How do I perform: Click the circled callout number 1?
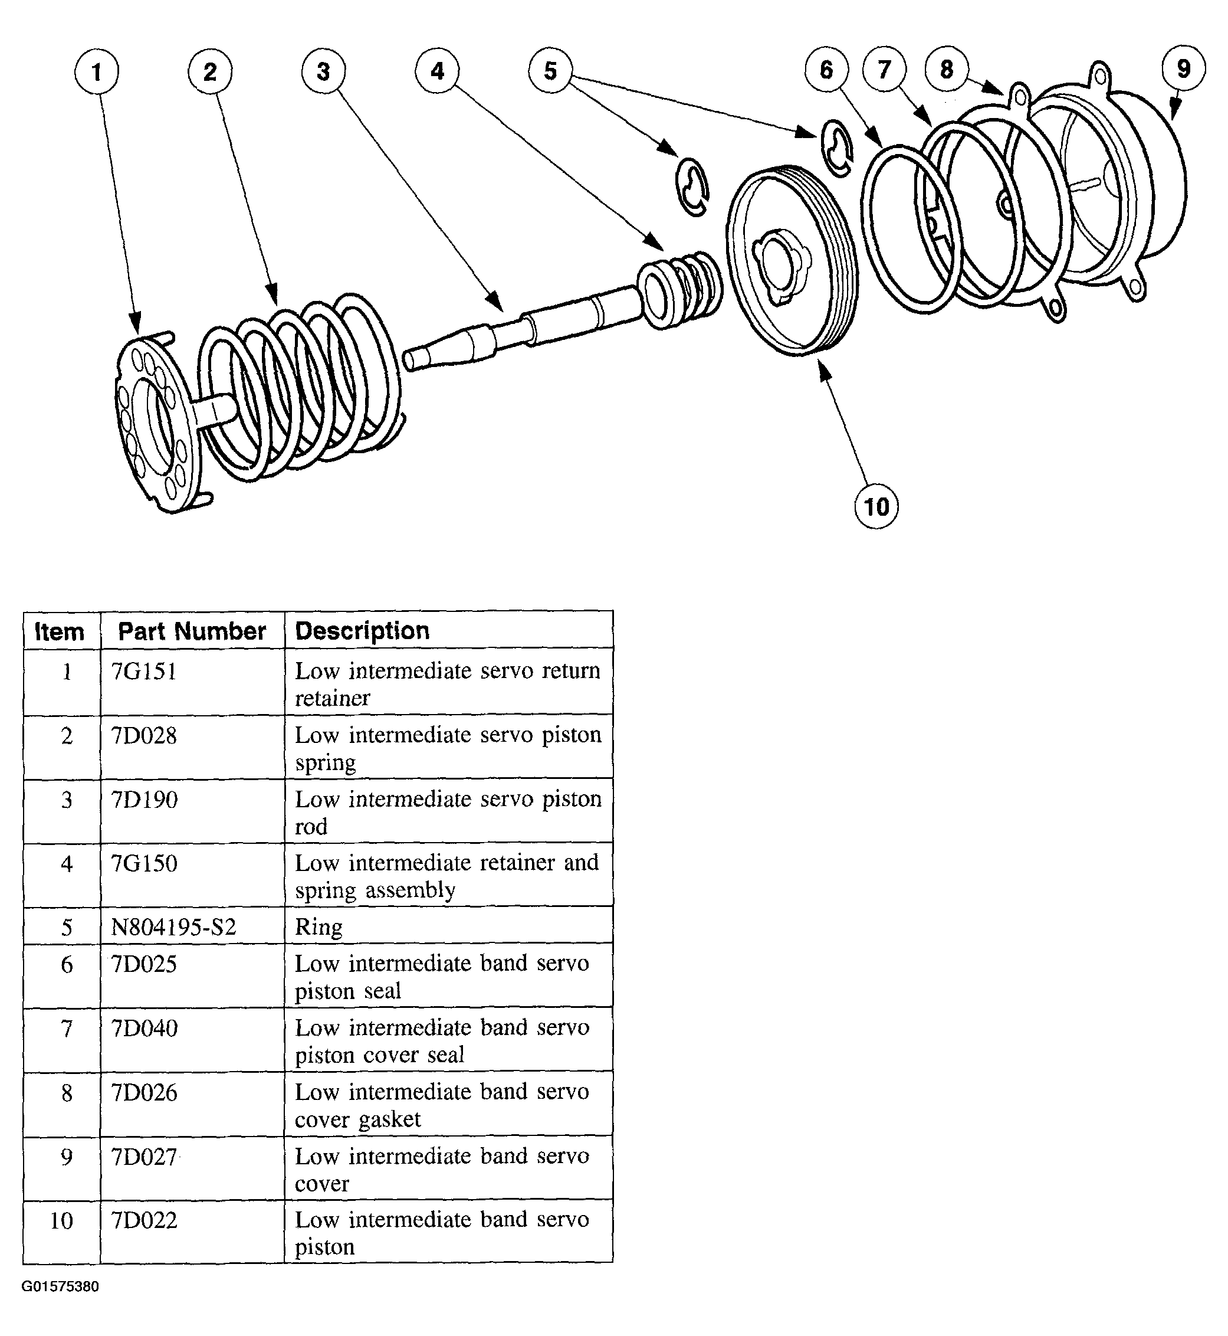pyautogui.click(x=96, y=72)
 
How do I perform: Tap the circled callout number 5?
pyautogui.click(x=550, y=70)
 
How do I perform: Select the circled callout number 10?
pyautogui.click(x=876, y=507)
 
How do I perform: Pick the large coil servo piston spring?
pyautogui.click(x=299, y=385)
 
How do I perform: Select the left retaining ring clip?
pyautogui.click(x=692, y=188)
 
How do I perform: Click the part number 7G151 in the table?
pyautogui.click(x=144, y=672)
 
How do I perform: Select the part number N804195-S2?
pyautogui.click(x=173, y=927)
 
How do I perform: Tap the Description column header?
pyautogui.click(x=362, y=631)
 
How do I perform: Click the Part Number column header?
pyautogui.click(x=192, y=631)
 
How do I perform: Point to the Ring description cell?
pyautogui.click(x=319, y=927)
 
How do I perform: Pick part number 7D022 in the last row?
pyautogui.click(x=144, y=1220)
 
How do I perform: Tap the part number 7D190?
pyautogui.click(x=144, y=800)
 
